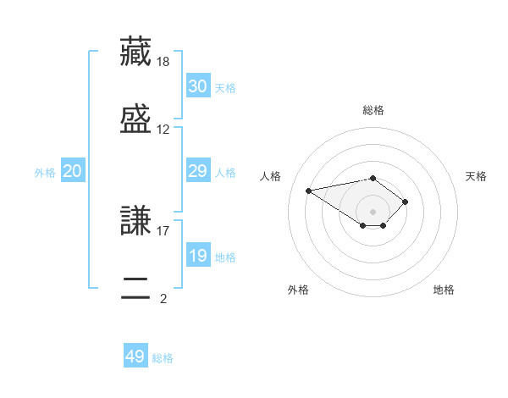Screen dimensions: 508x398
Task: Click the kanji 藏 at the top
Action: point(135,52)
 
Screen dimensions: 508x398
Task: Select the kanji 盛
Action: point(135,119)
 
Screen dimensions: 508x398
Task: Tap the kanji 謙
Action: point(135,220)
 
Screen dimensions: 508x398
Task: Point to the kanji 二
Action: point(135,288)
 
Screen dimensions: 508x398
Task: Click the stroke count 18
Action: point(163,62)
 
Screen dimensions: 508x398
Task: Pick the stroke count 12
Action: point(163,130)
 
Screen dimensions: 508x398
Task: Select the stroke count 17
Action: point(163,231)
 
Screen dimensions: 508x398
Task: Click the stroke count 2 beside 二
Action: point(163,299)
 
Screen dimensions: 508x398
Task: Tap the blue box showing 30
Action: point(198,86)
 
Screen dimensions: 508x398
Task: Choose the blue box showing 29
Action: point(198,170)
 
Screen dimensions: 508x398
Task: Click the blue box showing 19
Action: point(198,254)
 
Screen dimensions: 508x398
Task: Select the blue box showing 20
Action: point(73,170)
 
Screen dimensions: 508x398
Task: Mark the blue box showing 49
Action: point(135,355)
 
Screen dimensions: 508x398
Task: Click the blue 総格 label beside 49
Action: point(163,358)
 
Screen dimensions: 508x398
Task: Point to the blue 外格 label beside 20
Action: point(45,173)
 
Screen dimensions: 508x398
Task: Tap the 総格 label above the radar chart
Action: point(373,110)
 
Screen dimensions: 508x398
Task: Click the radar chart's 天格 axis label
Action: point(476,176)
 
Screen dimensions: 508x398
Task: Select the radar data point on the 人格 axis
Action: point(308,191)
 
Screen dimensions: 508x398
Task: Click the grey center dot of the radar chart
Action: point(373,212)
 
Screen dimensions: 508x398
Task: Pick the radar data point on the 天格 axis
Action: point(405,202)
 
